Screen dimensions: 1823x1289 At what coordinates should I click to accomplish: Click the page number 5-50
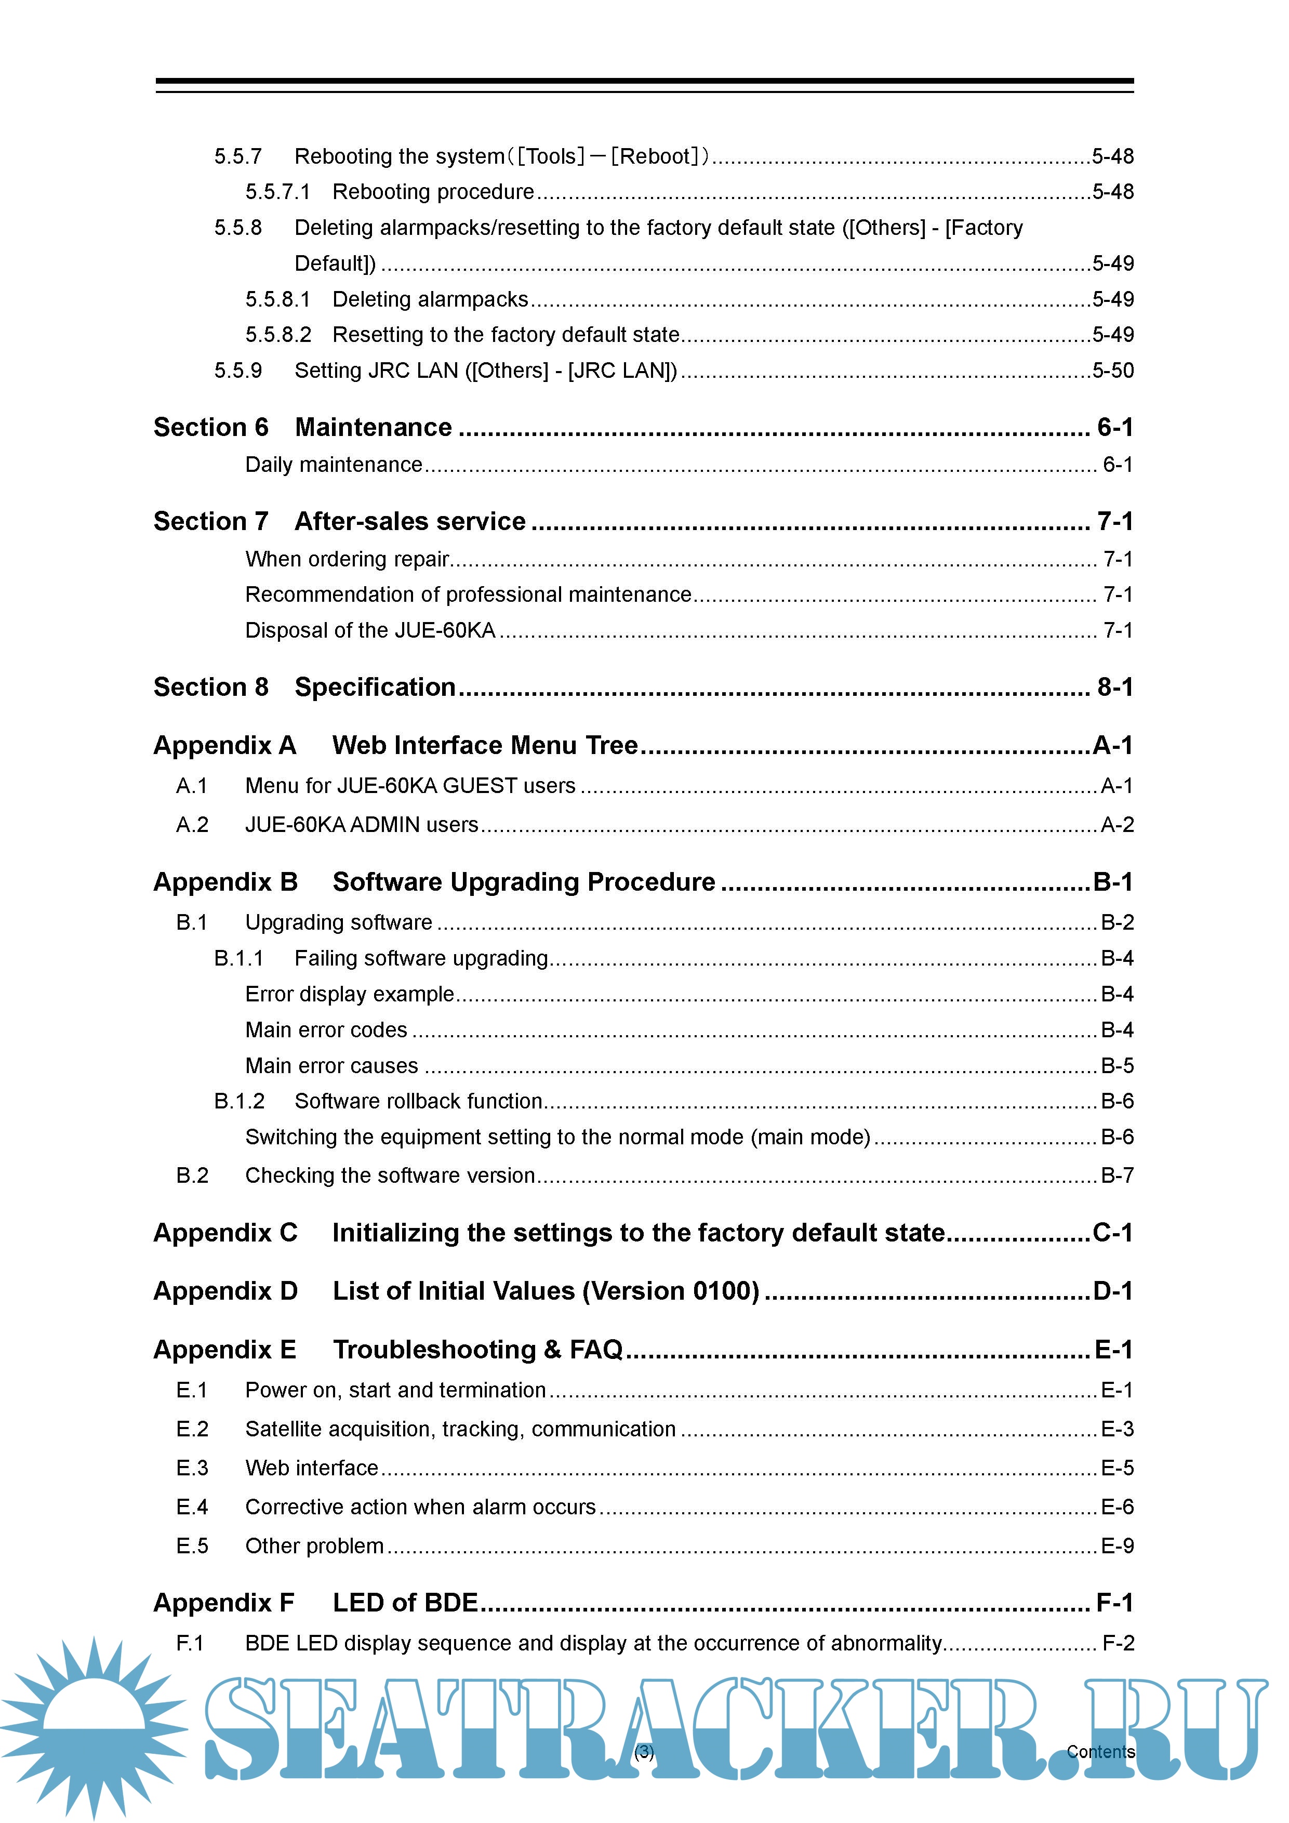(x=1113, y=371)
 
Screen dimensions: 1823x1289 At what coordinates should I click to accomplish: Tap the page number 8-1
(x=1114, y=688)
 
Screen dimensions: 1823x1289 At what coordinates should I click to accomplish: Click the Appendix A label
(x=224, y=746)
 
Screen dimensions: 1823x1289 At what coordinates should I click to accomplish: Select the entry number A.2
(x=192, y=825)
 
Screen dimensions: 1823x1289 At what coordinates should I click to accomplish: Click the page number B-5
(x=1117, y=1065)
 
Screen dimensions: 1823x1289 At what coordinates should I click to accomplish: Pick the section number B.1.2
(x=239, y=1101)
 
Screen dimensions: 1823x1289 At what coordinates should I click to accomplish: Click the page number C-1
(x=1113, y=1233)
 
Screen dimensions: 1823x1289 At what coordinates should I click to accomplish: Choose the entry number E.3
(x=192, y=1468)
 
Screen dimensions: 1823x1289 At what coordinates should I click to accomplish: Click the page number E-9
(x=1117, y=1546)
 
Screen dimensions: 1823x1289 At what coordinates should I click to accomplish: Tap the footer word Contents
(x=1100, y=1751)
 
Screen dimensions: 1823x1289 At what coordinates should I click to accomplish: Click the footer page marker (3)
(x=644, y=1751)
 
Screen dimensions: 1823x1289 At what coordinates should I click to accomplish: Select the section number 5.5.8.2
(x=278, y=335)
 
